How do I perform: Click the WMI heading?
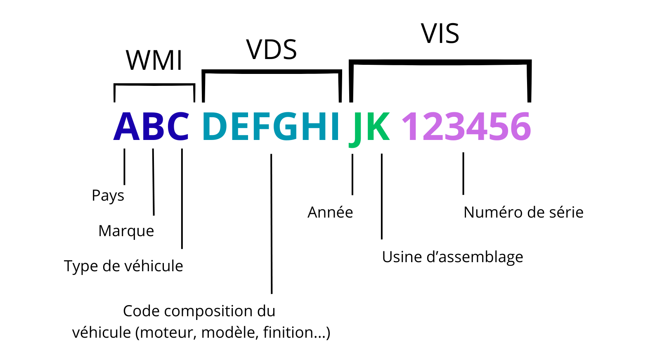click(154, 61)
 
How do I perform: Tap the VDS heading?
click(272, 50)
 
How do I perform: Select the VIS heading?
click(440, 33)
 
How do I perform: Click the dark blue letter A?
click(126, 127)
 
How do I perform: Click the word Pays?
click(108, 196)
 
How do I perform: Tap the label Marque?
click(126, 231)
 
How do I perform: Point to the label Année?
click(330, 212)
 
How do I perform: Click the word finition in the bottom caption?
click(295, 332)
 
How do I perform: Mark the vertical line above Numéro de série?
click(463, 173)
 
